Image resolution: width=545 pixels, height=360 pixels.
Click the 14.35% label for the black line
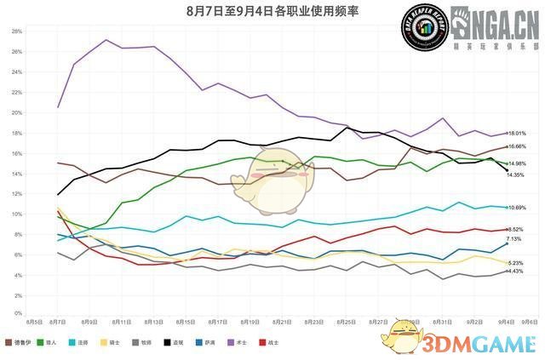click(x=516, y=174)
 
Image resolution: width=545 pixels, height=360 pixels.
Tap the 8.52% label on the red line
click(x=515, y=230)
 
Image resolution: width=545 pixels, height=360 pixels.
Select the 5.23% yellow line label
click(x=516, y=263)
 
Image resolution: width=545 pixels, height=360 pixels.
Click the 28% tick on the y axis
click(x=16, y=31)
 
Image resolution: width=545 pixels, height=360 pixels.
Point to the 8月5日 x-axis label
click(x=35, y=323)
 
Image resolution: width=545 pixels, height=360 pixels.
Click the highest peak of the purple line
click(x=106, y=40)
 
